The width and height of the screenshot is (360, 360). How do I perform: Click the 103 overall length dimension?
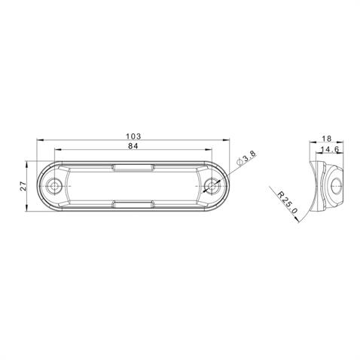tap(133, 136)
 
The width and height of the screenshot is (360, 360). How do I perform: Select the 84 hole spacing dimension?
tap(133, 146)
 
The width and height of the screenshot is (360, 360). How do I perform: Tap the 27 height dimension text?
tap(23, 186)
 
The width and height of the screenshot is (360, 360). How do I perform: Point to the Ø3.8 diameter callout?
tap(246, 157)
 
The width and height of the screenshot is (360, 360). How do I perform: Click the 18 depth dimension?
tap(327, 139)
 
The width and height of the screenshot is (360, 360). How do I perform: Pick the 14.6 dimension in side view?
tap(330, 149)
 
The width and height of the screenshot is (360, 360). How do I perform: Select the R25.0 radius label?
tap(288, 203)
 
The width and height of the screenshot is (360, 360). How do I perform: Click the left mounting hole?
tap(53, 186)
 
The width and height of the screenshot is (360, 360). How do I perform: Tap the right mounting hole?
tap(212, 186)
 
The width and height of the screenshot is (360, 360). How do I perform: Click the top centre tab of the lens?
tap(133, 168)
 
